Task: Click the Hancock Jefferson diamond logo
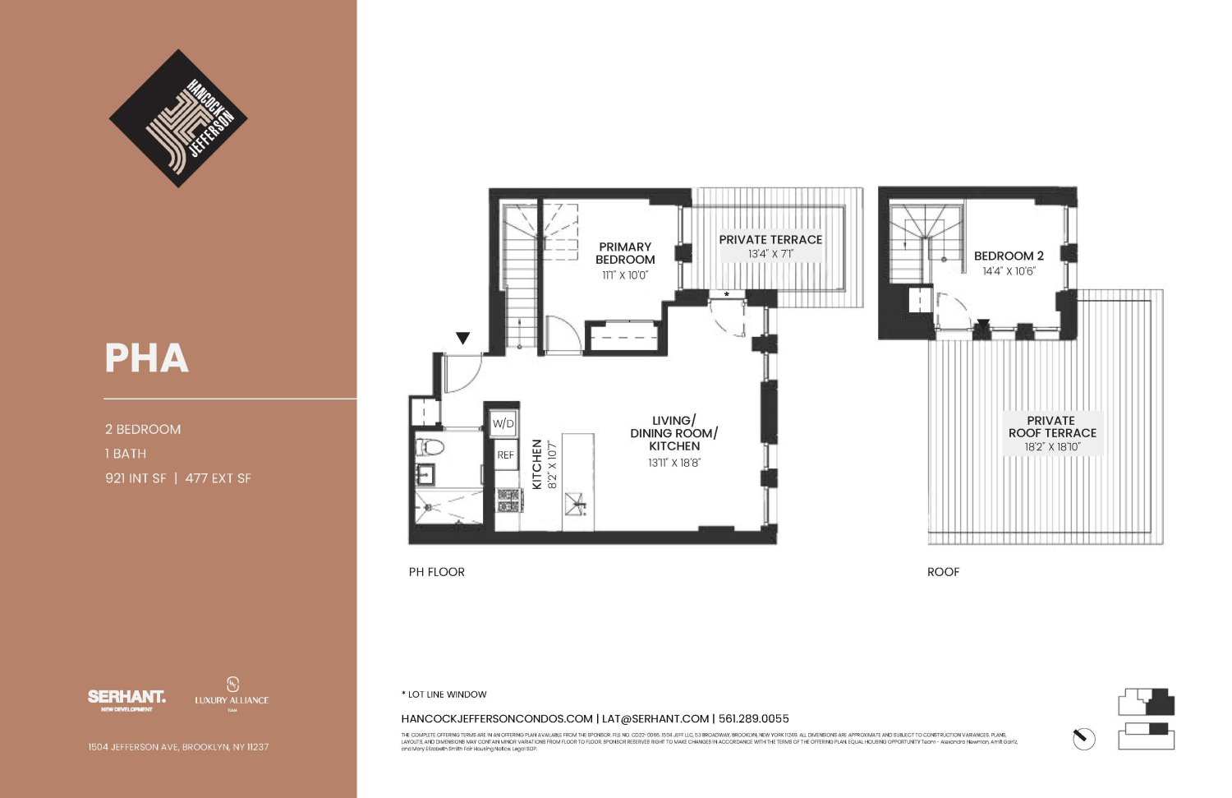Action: pos(178,118)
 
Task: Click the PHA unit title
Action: pos(147,358)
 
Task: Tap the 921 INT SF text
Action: pos(136,478)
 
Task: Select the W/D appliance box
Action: pos(503,424)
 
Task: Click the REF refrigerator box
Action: pos(505,455)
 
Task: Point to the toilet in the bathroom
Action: pos(430,448)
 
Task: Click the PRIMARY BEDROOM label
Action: pos(625,253)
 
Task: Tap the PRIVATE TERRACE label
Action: pos(770,240)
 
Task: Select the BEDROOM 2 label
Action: pos(1009,256)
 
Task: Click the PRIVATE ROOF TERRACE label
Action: pos(1052,427)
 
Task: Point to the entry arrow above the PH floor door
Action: pos(463,338)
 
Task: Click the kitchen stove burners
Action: pos(508,500)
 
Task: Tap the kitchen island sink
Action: pos(577,502)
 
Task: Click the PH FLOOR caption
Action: pos(437,572)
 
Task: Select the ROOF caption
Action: pos(943,572)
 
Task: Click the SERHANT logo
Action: pos(126,697)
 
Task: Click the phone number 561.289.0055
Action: pos(753,718)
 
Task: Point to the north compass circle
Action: pos(1084,739)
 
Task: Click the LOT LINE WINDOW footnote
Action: pos(444,694)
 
